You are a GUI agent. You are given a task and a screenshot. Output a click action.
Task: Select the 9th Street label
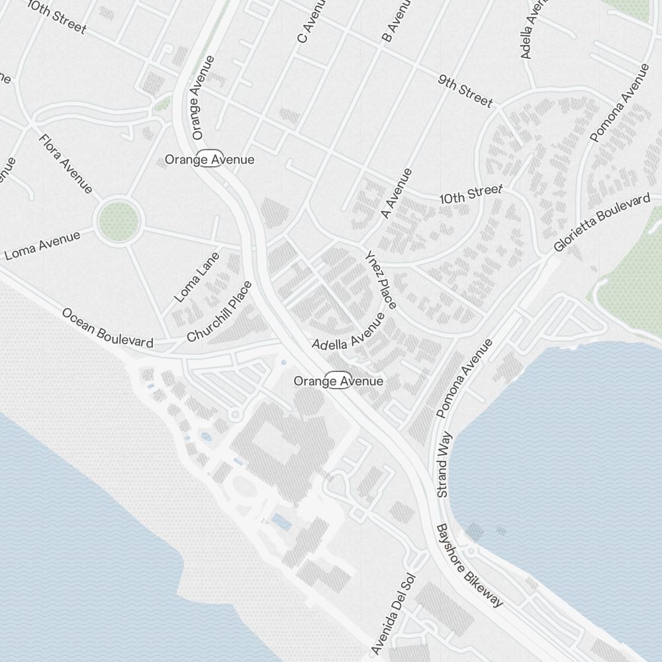465,91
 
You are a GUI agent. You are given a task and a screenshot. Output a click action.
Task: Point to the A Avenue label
397,194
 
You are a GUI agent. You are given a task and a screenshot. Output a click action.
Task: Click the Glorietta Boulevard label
602,223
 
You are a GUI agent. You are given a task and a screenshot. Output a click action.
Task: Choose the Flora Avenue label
66,164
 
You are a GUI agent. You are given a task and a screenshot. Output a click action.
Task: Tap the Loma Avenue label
42,245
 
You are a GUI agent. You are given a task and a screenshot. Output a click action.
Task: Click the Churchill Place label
220,312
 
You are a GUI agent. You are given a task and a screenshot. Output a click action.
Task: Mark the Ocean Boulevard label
108,328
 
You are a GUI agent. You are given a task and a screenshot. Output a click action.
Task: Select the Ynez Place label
381,280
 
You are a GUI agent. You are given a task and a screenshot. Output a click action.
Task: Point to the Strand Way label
444,464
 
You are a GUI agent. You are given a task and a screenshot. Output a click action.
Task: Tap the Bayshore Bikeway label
469,565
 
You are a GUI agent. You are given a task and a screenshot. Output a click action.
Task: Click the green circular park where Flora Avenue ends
119,222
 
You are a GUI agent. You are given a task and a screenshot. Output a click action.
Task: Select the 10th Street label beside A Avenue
471,195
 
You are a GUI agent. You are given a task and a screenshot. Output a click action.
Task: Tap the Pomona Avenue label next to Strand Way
465,378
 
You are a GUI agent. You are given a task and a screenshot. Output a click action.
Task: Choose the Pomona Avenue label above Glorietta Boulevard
619,103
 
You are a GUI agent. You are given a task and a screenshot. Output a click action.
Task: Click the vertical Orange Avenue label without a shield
203,97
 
